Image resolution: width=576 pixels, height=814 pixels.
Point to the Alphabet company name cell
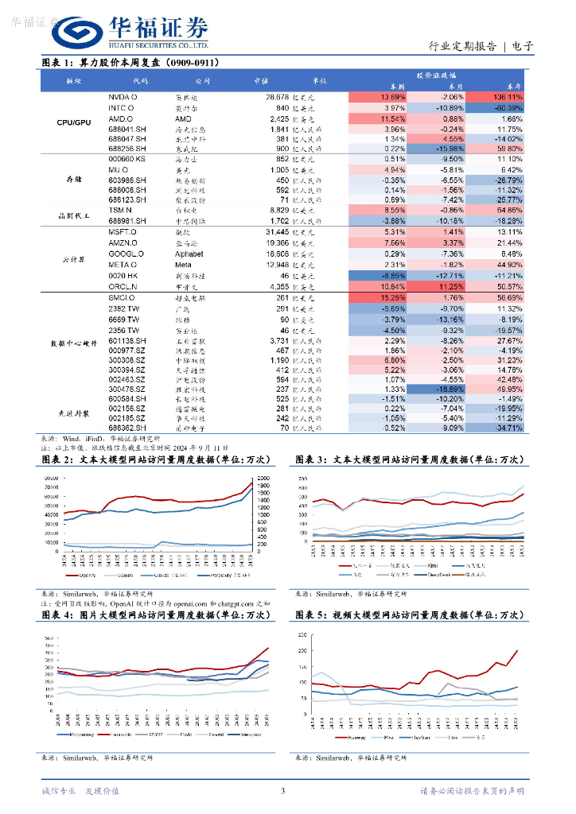pos(189,254)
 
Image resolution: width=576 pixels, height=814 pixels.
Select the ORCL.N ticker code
pos(123,286)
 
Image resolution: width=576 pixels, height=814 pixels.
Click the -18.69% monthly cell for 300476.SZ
pos(450,389)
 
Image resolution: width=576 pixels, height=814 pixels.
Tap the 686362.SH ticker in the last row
pos(127,428)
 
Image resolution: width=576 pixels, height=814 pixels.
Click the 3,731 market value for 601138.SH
pos(274,341)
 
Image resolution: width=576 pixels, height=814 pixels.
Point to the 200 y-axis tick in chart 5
pos(301,635)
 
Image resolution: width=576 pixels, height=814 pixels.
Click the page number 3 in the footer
pos(282,791)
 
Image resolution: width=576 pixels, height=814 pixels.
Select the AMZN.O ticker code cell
pos(123,242)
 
